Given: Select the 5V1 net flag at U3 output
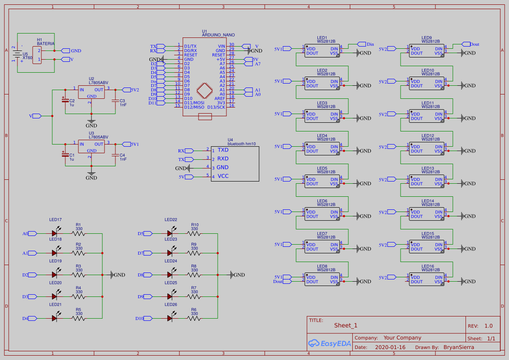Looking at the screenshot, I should pyautogui.click(x=129, y=144).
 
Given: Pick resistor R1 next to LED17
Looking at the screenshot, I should pyautogui.click(x=79, y=233).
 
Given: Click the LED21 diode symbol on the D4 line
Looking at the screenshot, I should pyautogui.click(x=54, y=318).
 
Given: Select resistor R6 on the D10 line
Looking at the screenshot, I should pyautogui.click(x=194, y=318).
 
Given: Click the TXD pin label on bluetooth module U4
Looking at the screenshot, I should pyautogui.click(x=223, y=150).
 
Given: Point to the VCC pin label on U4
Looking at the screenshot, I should pyautogui.click(x=223, y=176).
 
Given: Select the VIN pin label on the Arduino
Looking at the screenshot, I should pyautogui.click(x=222, y=46).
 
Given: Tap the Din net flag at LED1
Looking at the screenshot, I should pyautogui.click(x=365, y=44).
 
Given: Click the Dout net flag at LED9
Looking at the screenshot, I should pyautogui.click(x=470, y=44).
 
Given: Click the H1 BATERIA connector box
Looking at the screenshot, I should pyautogui.click(x=37, y=55).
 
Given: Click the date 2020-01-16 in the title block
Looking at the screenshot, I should pyautogui.click(x=390, y=347).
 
